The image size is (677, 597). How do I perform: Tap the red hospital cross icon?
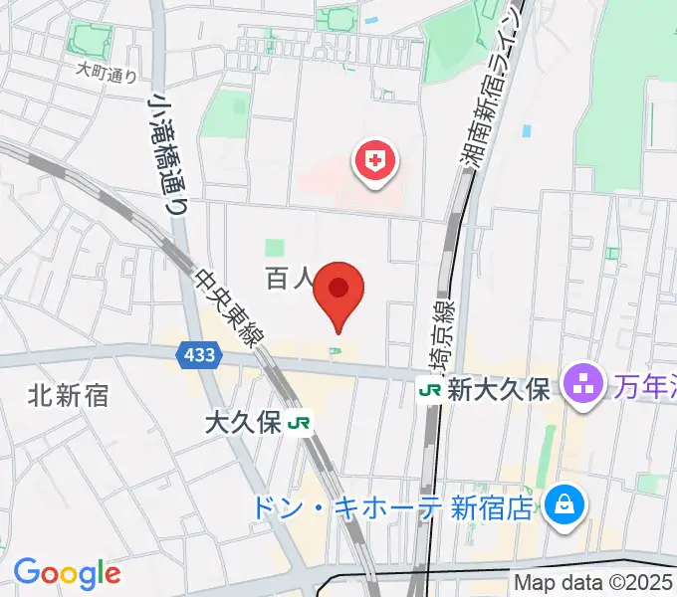coord(377,161)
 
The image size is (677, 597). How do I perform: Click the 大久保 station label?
coord(243,423)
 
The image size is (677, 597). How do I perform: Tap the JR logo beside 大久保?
coord(298,424)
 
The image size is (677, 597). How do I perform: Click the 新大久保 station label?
coord(498,390)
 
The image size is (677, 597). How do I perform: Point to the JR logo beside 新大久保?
coord(430,390)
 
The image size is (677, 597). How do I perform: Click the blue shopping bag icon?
coord(564,504)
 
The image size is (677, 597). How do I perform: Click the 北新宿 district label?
coord(68,396)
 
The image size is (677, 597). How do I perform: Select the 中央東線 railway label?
coord(231,310)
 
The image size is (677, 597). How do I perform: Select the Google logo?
coord(67,572)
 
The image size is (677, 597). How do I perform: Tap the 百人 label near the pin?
coord(290,279)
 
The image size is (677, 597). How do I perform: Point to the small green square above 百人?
coord(275,247)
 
